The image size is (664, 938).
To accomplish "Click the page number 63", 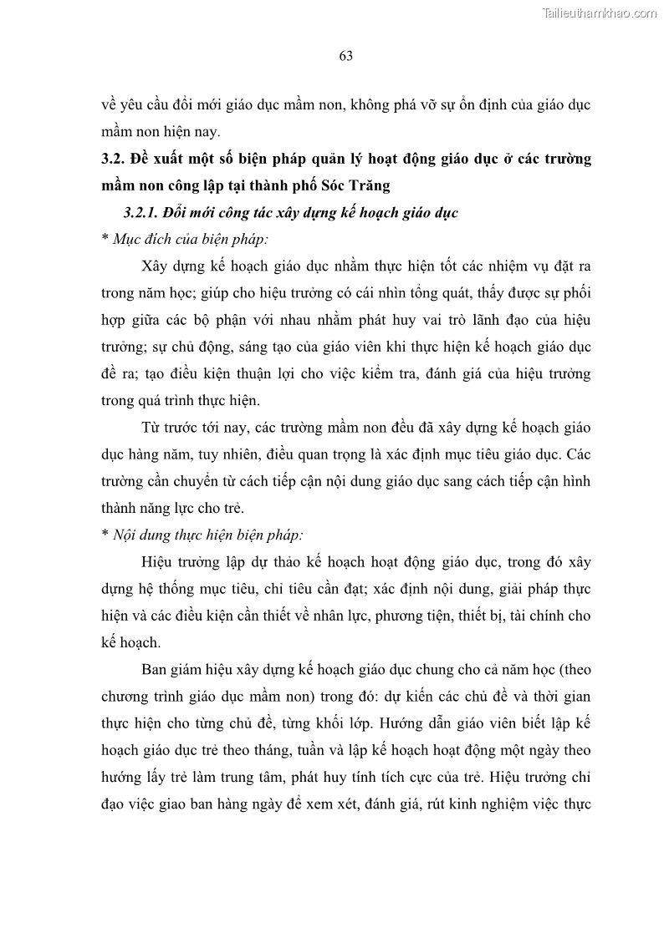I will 345,56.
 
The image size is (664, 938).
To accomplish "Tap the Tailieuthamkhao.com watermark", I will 600,13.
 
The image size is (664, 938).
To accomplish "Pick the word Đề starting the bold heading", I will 142,160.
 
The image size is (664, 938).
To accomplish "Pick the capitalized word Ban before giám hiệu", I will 156,669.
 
